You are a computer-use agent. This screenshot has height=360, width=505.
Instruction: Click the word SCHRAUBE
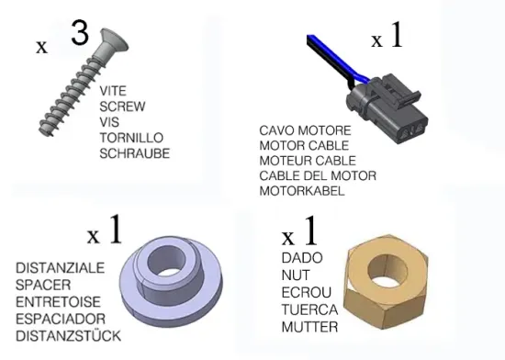135,153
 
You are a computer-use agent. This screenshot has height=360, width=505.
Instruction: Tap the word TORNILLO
131,138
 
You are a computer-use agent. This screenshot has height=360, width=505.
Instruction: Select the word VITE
113,91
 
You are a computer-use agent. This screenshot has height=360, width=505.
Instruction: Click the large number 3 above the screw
80,32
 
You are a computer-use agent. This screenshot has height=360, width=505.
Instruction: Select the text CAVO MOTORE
305,130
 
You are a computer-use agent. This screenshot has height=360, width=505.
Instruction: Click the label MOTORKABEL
302,191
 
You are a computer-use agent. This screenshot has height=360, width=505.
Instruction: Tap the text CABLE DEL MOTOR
318,175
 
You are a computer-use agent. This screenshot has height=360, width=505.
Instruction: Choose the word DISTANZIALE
61,268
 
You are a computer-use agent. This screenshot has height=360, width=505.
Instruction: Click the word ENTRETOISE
58,302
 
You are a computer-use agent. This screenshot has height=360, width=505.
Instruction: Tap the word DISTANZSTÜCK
68,336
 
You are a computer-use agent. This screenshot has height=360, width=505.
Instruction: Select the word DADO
302,258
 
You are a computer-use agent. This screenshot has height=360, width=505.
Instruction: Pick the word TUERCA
309,309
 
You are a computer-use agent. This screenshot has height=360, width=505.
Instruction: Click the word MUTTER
309,327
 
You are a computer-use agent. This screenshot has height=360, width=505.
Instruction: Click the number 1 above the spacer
116,230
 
